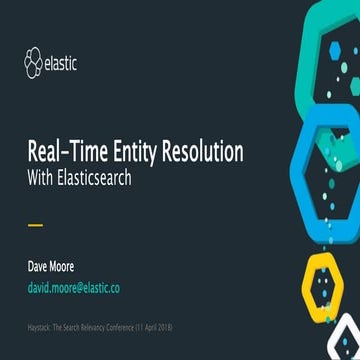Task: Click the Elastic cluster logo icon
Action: point(36,65)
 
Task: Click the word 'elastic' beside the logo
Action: point(62,65)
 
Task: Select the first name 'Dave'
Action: point(37,267)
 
